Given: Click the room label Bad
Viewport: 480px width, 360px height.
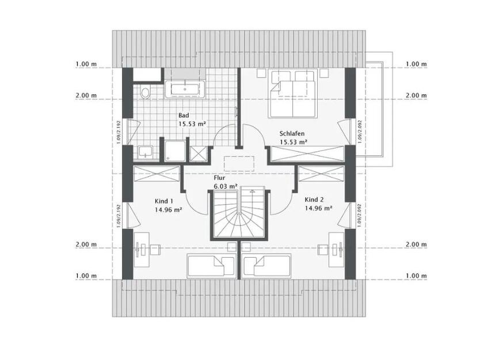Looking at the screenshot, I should (x=184, y=115).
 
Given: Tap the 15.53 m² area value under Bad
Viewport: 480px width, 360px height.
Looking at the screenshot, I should (x=192, y=124).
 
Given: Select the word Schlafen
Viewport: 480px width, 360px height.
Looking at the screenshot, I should (x=293, y=132).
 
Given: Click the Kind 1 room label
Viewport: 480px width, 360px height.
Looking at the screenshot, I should (x=164, y=201).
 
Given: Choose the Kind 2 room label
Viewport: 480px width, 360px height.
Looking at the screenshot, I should (x=314, y=200).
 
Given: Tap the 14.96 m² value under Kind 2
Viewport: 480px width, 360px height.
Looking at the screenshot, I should (x=318, y=209).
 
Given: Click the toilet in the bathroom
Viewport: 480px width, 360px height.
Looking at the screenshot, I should (x=144, y=92).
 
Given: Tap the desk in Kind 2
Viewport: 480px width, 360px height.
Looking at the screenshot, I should (x=337, y=248).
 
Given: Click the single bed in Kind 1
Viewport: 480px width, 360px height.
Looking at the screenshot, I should (x=211, y=267).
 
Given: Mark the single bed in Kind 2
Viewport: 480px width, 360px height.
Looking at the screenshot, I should (x=268, y=267).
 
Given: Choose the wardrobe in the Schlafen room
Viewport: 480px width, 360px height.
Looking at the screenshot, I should (x=307, y=154).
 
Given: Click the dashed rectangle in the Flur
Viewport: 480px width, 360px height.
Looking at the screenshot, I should (x=239, y=163).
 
